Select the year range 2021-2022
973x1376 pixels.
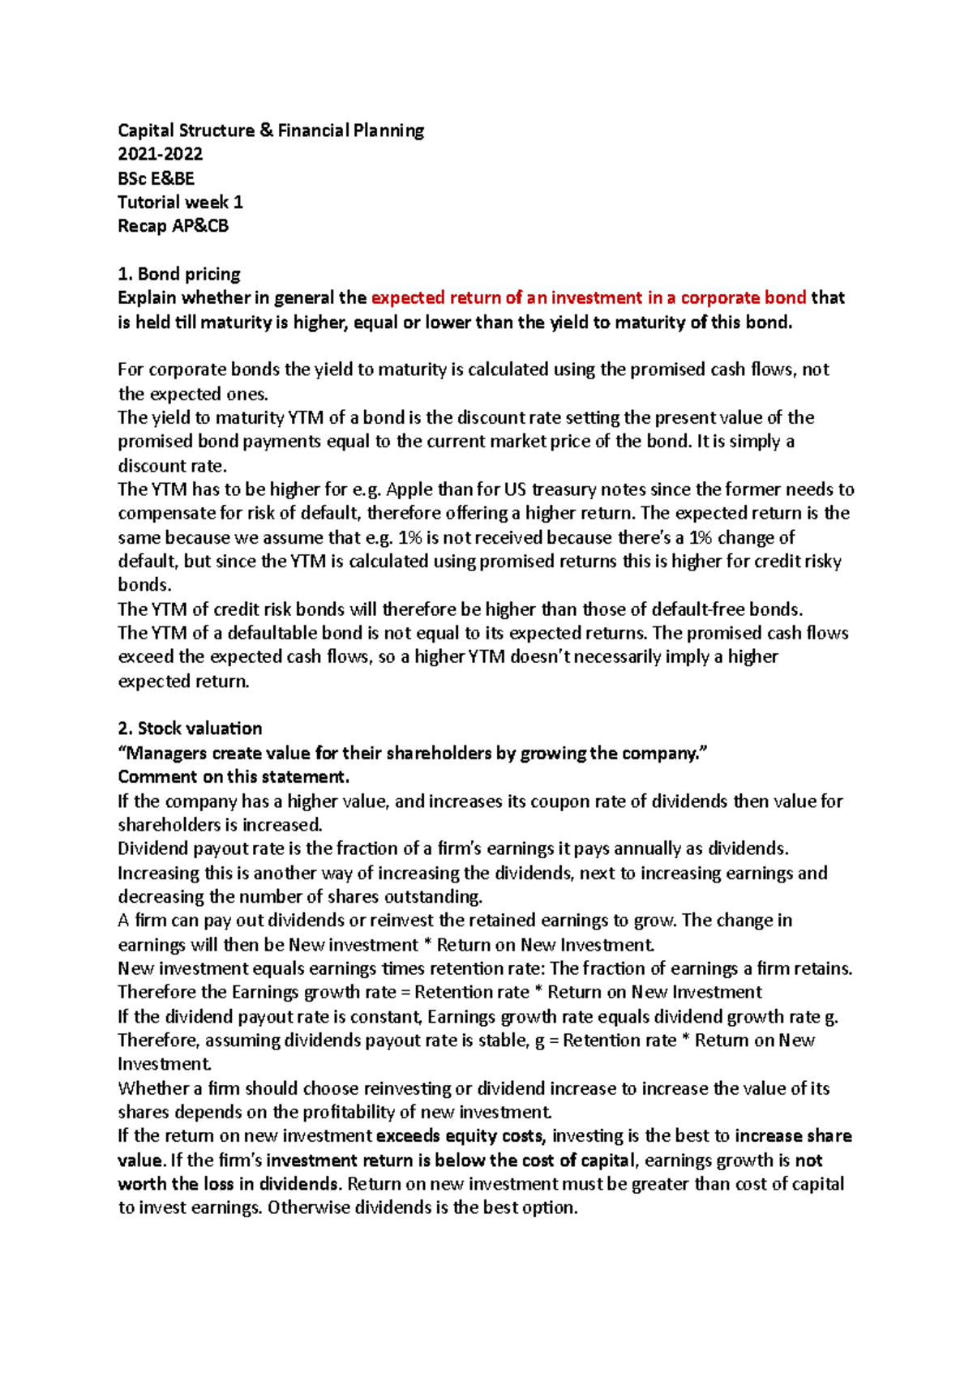pos(160,154)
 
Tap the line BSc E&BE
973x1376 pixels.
pos(156,178)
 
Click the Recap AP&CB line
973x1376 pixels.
pos(173,226)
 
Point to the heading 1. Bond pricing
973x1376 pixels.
pos(179,274)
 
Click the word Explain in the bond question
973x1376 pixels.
pos(147,297)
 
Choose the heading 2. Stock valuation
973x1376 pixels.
pos(190,728)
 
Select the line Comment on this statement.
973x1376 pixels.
pos(234,776)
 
